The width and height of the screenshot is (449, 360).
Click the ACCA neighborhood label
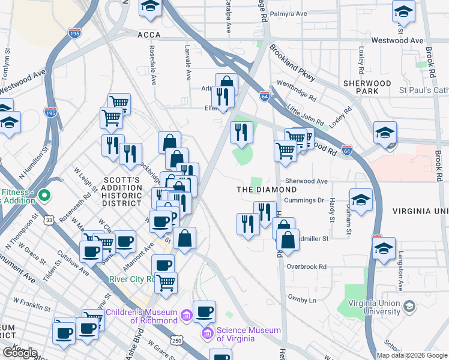coord(149,35)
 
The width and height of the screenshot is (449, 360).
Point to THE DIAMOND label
coord(267,189)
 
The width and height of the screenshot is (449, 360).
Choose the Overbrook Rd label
coord(306,266)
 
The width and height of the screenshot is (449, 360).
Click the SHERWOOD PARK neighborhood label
coord(367,87)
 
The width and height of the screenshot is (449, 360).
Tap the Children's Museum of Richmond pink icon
coord(186,314)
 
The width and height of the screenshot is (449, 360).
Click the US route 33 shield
coord(47,221)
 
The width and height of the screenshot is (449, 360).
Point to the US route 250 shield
coord(176,340)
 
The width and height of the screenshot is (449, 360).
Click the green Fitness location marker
coord(43,194)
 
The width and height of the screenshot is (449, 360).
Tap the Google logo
coord(20,353)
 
